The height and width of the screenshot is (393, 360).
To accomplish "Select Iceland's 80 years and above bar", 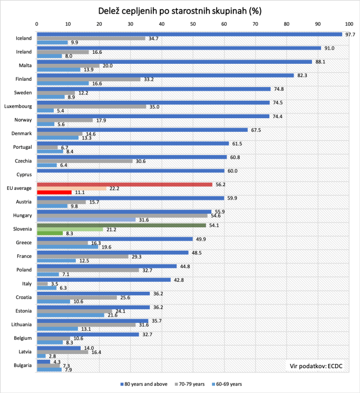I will tap(189, 34).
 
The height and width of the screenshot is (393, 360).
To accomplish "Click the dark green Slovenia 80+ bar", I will tap(121, 225).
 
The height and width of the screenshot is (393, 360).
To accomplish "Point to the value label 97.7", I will tap(349, 34).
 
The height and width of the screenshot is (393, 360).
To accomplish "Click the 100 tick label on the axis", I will tap(348, 24).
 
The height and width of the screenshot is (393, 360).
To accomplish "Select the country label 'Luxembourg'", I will tap(18, 107).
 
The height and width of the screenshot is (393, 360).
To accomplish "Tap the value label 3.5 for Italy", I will tap(54, 284).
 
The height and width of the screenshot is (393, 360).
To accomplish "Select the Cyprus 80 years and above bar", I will tap(130, 171).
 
